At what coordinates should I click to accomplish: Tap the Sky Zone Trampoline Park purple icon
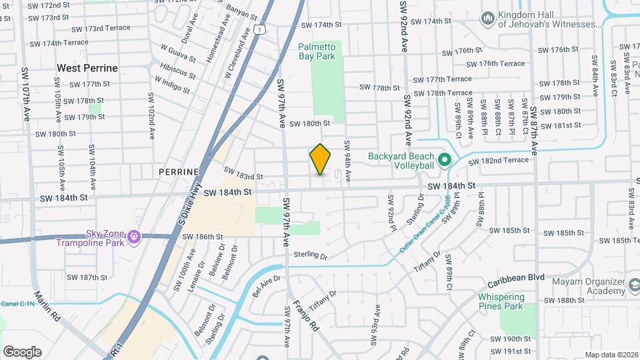134,236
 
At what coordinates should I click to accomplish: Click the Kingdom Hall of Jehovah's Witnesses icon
488,17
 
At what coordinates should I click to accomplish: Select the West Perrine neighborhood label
87,68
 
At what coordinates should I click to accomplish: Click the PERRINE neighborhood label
179,171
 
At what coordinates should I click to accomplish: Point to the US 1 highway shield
259,29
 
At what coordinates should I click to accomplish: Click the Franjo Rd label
305,317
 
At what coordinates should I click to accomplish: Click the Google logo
22,352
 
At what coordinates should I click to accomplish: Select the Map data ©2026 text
611,355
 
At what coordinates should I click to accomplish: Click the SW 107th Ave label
27,93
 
